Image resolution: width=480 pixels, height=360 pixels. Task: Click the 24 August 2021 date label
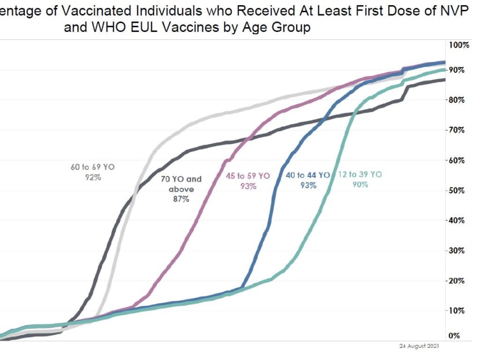tap(419, 346)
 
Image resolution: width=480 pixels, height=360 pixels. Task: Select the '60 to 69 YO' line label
tap(93, 167)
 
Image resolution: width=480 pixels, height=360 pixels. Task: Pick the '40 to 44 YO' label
tap(308, 175)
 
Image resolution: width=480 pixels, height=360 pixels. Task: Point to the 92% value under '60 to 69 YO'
tap(93, 177)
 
